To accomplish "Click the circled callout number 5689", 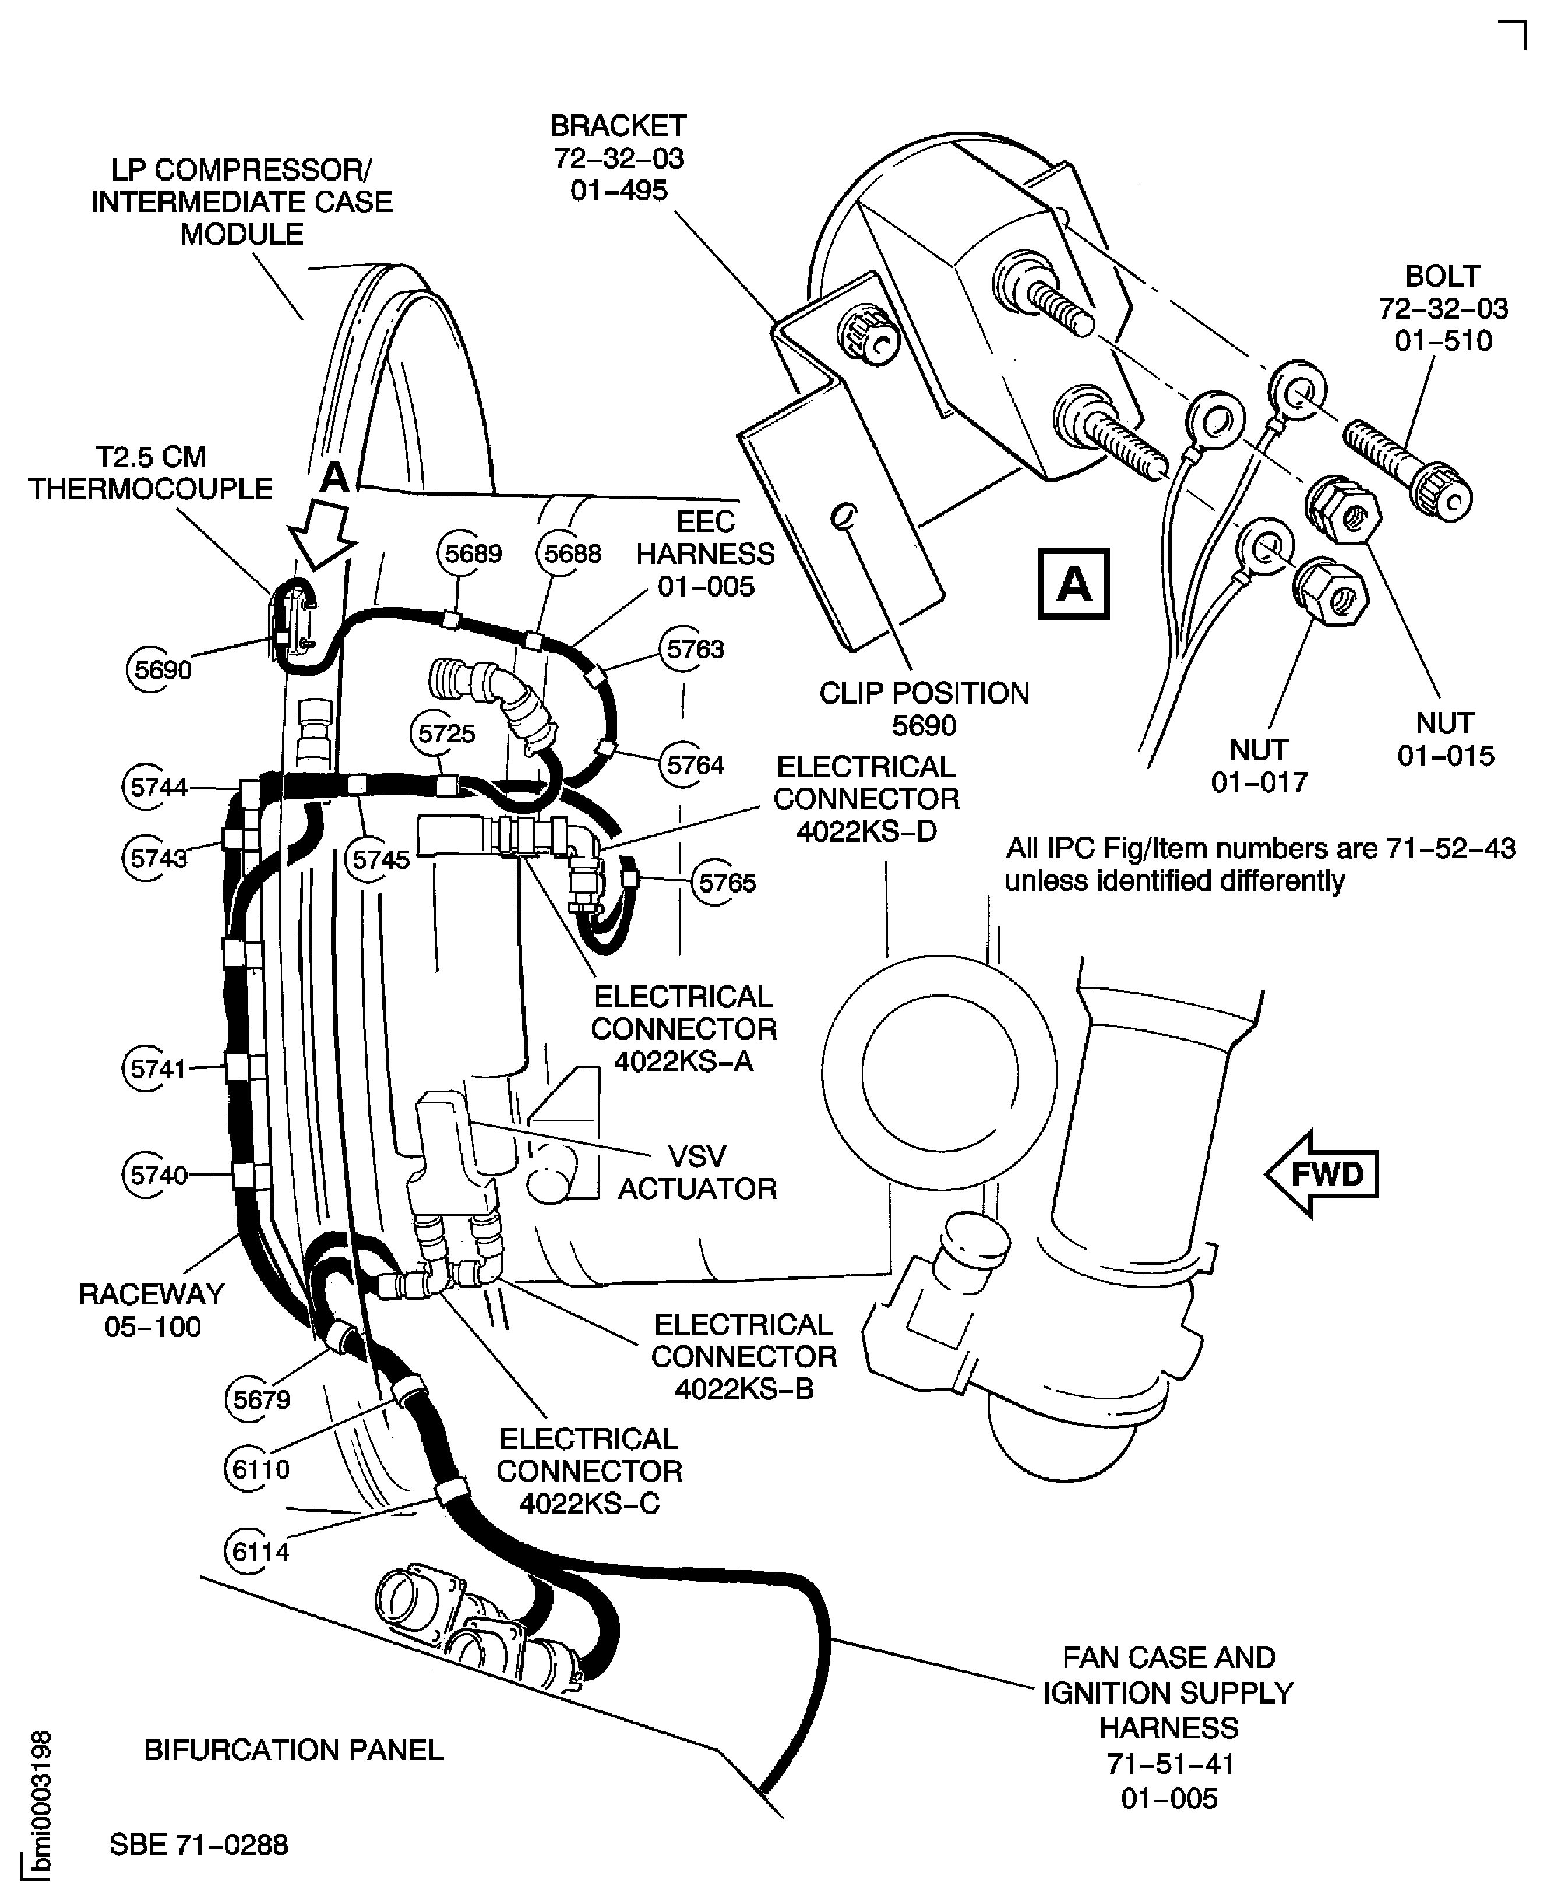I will (x=473, y=553).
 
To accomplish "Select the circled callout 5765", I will (x=726, y=882).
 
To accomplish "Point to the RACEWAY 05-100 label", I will (x=153, y=1310).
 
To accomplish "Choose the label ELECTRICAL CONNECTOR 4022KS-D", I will (x=865, y=798).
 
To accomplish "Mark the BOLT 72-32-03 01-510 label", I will (x=1443, y=308).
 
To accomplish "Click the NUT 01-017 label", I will (x=1258, y=765).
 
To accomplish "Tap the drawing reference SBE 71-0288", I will (x=199, y=1844).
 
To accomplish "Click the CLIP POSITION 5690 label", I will (x=924, y=709).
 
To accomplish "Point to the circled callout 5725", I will (x=446, y=733).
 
